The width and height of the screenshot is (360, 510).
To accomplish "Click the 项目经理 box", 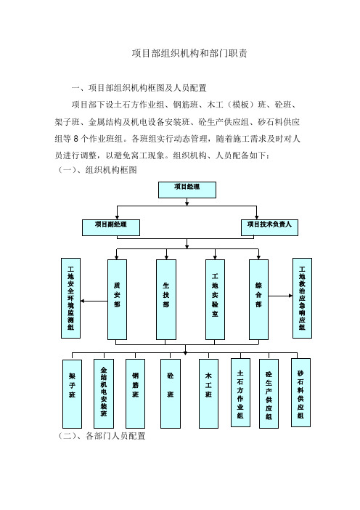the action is (x=187, y=190).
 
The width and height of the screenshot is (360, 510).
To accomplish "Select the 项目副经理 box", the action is (x=111, y=227).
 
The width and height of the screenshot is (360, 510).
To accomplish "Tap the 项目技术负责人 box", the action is (x=269, y=227).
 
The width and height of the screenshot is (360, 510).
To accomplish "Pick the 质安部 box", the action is (x=117, y=299).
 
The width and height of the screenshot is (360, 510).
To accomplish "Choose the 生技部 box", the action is (x=166, y=299).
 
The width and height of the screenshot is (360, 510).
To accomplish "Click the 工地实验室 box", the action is (x=215, y=299).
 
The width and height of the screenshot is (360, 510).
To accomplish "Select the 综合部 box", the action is (x=258, y=299).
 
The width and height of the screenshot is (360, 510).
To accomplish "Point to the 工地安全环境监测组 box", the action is (x=71, y=299).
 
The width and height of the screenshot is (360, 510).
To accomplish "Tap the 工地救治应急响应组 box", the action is (x=302, y=299).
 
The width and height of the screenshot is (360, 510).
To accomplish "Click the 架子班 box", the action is (x=72, y=394).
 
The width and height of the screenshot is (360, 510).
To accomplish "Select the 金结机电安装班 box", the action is (x=104, y=394).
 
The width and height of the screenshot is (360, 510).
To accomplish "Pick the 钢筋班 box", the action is (x=135, y=394).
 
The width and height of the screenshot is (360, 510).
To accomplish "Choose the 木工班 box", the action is (x=208, y=394).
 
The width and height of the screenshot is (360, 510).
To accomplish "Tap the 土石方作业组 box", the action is (x=240, y=392).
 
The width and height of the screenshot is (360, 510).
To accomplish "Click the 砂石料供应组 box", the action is (x=300, y=392).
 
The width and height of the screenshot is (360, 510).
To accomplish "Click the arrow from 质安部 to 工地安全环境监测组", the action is (x=94, y=301).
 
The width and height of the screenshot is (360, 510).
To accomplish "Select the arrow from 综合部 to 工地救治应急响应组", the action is (x=280, y=296).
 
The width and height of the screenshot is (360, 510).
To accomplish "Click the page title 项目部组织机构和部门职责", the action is (x=189, y=53).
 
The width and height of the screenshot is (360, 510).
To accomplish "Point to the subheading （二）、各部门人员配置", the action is (x=102, y=436).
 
